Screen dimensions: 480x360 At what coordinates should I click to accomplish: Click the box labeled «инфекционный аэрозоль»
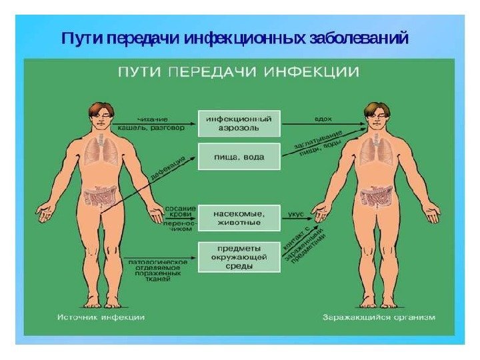pos(239,123)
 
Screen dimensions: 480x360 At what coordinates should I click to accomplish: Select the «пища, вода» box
pos(239,157)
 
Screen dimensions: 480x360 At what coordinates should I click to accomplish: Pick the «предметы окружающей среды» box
pos(239,256)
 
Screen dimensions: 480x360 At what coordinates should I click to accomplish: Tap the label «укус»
pos(295,214)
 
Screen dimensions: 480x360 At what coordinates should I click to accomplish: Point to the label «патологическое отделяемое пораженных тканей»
pos(157,271)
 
